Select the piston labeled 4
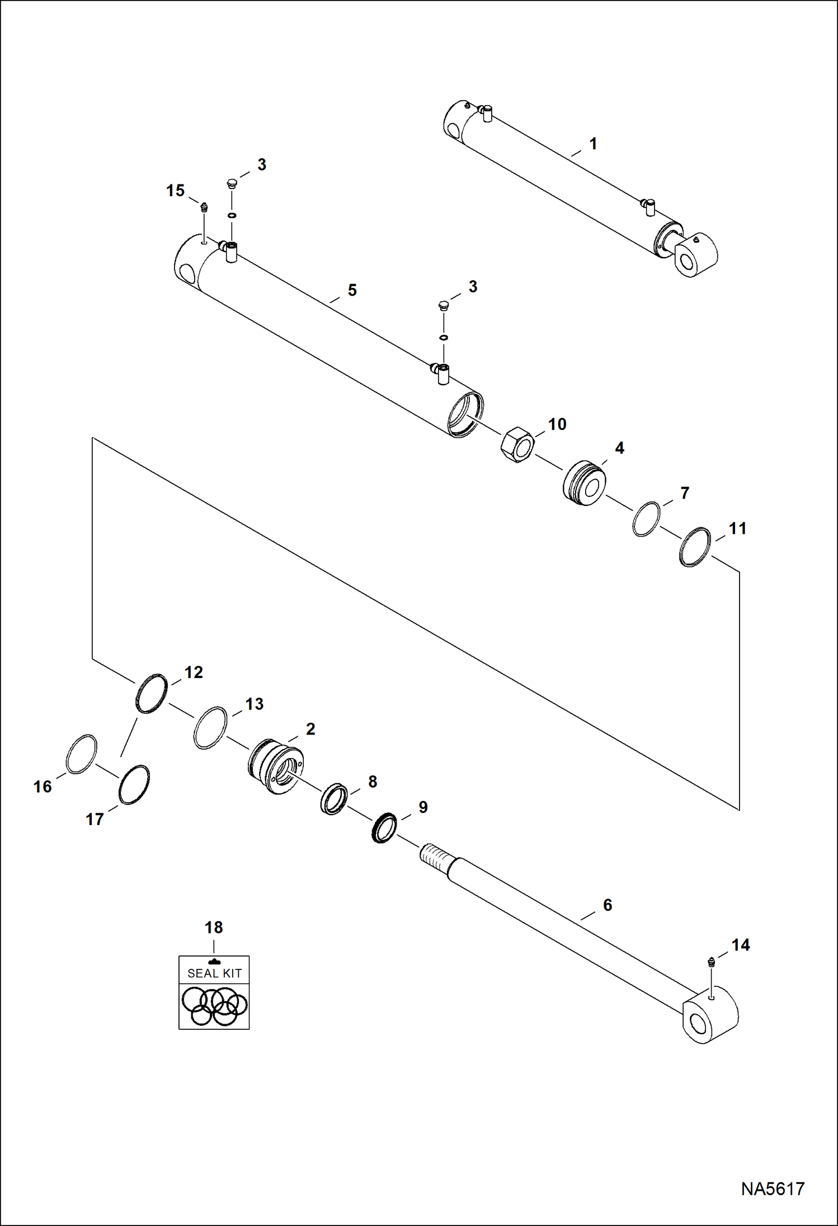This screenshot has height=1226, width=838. pyautogui.click(x=584, y=483)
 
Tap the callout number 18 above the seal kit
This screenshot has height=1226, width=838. pyautogui.click(x=214, y=927)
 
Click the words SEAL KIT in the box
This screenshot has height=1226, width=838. pyautogui.click(x=214, y=973)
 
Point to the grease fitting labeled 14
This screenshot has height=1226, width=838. pyautogui.click(x=712, y=962)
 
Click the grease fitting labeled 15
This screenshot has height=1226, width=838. pyautogui.click(x=204, y=207)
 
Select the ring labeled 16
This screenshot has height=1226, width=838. pyautogui.click(x=82, y=754)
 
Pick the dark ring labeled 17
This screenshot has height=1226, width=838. pyautogui.click(x=134, y=785)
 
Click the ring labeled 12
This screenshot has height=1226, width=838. pyautogui.click(x=152, y=693)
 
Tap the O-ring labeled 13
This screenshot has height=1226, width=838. pyautogui.click(x=210, y=727)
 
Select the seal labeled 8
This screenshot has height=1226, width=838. pyautogui.click(x=334, y=799)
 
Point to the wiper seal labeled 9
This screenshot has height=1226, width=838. pyautogui.click(x=384, y=828)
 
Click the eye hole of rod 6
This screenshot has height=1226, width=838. pyautogui.click(x=698, y=1024)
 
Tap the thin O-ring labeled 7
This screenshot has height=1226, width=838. pyautogui.click(x=646, y=519)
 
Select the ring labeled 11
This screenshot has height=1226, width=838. pyautogui.click(x=695, y=547)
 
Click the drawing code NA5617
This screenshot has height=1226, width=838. pyautogui.click(x=772, y=1189)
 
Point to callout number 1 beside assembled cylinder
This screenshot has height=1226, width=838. pyautogui.click(x=593, y=144)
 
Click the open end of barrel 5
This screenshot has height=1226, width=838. pyautogui.click(x=466, y=414)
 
